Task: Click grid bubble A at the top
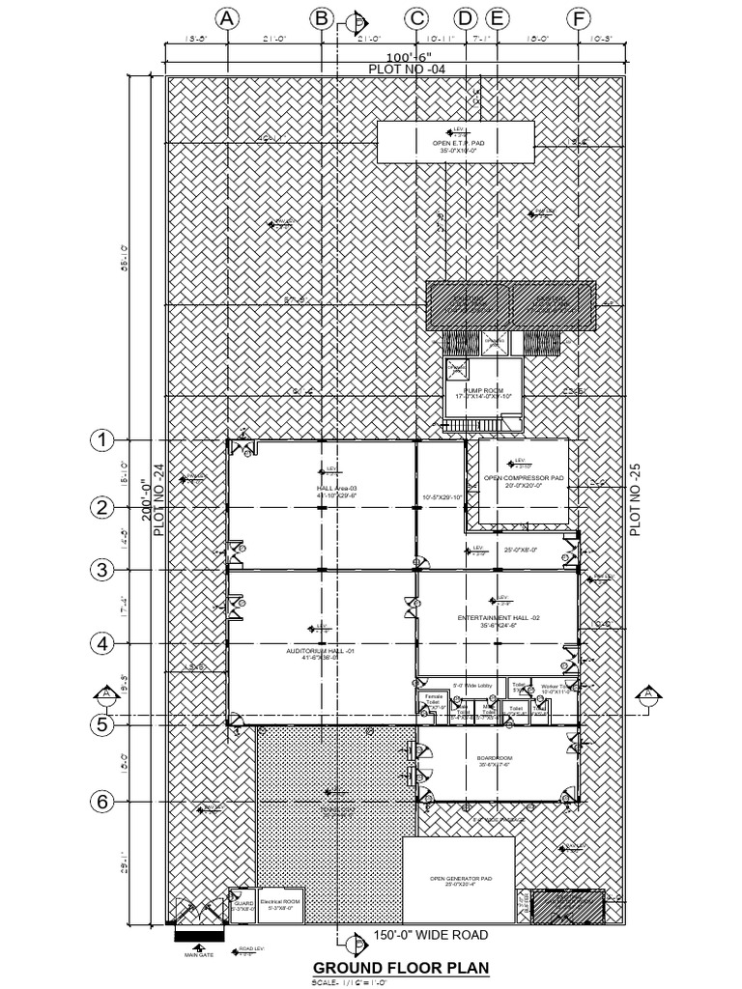point(227,18)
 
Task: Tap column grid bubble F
point(579,18)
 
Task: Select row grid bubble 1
point(102,440)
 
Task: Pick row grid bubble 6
point(102,802)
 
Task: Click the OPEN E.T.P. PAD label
point(458,142)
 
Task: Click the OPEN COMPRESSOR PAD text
point(523,478)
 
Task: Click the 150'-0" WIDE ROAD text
point(430,935)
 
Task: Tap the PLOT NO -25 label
point(635,498)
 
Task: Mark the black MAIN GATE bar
point(199,935)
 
